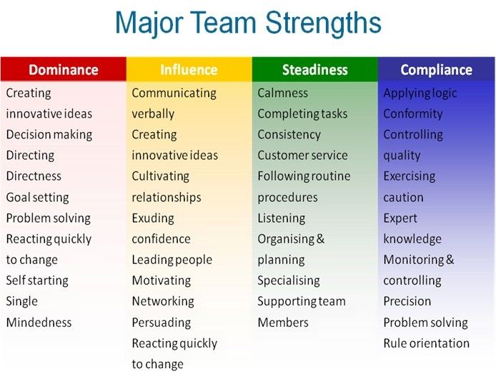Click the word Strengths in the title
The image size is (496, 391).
323,23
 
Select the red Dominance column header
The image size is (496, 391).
64,69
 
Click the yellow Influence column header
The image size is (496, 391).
189,69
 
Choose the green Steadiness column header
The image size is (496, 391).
314,69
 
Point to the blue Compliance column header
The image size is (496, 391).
436,69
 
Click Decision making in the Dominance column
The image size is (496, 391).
49,135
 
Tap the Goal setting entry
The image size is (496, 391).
37,198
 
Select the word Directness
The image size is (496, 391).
34,176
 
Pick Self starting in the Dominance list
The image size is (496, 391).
37,281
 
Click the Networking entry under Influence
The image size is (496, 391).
163,302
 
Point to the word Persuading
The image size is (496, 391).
162,323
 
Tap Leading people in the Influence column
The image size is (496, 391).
172,260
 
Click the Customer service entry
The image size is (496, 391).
302,156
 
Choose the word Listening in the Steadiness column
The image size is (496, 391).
282,218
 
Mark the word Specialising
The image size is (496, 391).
289,281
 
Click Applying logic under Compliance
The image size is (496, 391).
420,93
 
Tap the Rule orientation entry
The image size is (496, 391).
427,343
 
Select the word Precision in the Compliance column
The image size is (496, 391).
407,301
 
